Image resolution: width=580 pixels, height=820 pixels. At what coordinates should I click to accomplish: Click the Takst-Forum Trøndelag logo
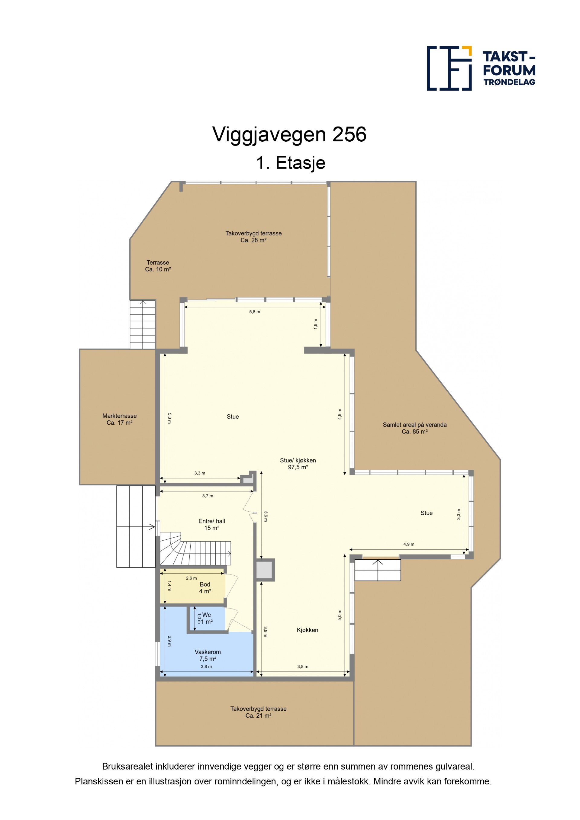[x=481, y=68]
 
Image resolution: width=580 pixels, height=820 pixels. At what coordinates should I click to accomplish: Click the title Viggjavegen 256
[x=289, y=135]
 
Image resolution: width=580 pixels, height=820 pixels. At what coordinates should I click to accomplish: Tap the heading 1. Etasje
[x=290, y=163]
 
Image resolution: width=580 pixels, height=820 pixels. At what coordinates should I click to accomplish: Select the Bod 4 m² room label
[x=205, y=587]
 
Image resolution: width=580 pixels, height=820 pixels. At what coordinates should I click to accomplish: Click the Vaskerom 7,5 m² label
[x=208, y=655]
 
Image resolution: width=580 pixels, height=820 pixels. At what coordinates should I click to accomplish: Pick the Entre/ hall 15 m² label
[x=212, y=524]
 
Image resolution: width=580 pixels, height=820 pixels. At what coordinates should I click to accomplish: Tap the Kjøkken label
[x=308, y=630]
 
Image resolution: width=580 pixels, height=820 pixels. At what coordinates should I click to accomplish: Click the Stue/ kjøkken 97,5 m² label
[x=298, y=464]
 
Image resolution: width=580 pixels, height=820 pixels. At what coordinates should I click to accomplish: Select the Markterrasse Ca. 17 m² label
[x=119, y=419]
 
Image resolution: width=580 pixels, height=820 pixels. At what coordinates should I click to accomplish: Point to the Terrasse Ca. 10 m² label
[x=158, y=266]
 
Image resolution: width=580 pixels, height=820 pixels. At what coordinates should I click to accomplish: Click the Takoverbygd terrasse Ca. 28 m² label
[x=253, y=237]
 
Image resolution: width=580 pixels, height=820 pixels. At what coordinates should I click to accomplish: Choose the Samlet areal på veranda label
[x=415, y=425]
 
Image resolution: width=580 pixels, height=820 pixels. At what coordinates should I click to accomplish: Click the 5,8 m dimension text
[x=255, y=312]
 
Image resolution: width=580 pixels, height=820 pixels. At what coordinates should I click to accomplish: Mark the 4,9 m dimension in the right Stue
[x=409, y=544]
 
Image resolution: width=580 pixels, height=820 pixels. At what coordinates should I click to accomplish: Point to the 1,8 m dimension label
[x=316, y=324]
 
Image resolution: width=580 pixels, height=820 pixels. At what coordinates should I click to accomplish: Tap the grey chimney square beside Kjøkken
[x=265, y=570]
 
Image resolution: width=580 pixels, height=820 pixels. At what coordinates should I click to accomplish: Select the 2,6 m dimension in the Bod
[x=191, y=578]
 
